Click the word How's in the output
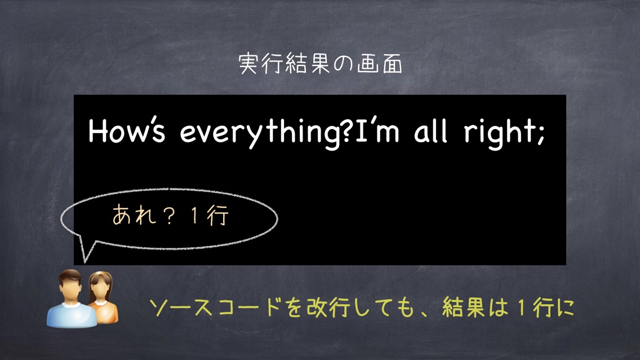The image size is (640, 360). (x=127, y=131)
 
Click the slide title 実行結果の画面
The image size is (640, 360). (x=321, y=64)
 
